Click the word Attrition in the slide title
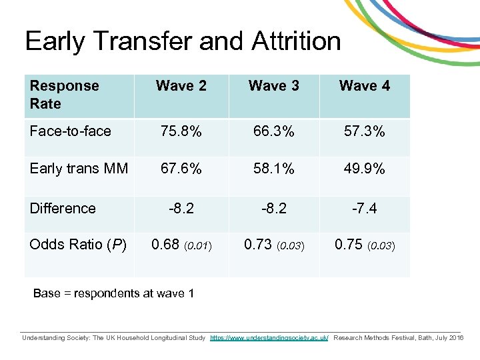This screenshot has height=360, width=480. [x=296, y=41]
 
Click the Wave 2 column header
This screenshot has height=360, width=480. [x=181, y=86]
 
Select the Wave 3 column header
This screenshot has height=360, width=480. [x=273, y=86]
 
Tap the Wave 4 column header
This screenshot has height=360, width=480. [x=365, y=86]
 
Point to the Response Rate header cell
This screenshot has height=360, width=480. [x=64, y=95]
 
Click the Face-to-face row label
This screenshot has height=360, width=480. [x=71, y=131]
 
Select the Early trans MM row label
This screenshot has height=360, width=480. [x=79, y=169]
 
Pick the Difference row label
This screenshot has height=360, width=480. [x=63, y=208]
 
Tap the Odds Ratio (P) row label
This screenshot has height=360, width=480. [x=78, y=245]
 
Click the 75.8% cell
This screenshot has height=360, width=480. [x=181, y=131]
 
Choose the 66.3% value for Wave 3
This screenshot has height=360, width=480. [x=273, y=131]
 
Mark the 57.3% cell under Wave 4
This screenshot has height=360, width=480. [x=365, y=131]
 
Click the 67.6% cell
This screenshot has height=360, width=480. [x=181, y=169]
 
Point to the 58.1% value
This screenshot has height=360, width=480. [x=273, y=169]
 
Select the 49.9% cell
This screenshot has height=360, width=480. [x=365, y=169]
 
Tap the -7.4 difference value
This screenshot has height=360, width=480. [x=365, y=208]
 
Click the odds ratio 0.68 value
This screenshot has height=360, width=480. [x=166, y=245]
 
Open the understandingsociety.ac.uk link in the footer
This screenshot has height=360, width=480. [x=269, y=338]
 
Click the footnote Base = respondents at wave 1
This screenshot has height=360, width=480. [x=114, y=293]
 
